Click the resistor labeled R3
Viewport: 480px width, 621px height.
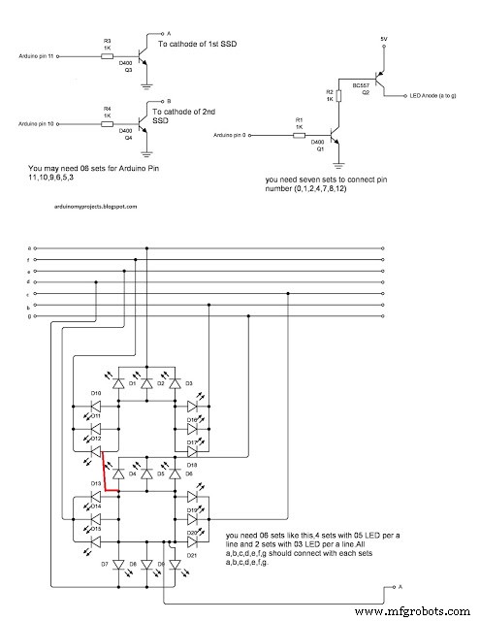(107, 56)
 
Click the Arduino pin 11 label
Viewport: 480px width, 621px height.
(37, 57)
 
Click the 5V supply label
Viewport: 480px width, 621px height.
(384, 40)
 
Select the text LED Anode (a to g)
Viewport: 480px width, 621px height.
(434, 95)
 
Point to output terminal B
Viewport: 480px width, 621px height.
(169, 100)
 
